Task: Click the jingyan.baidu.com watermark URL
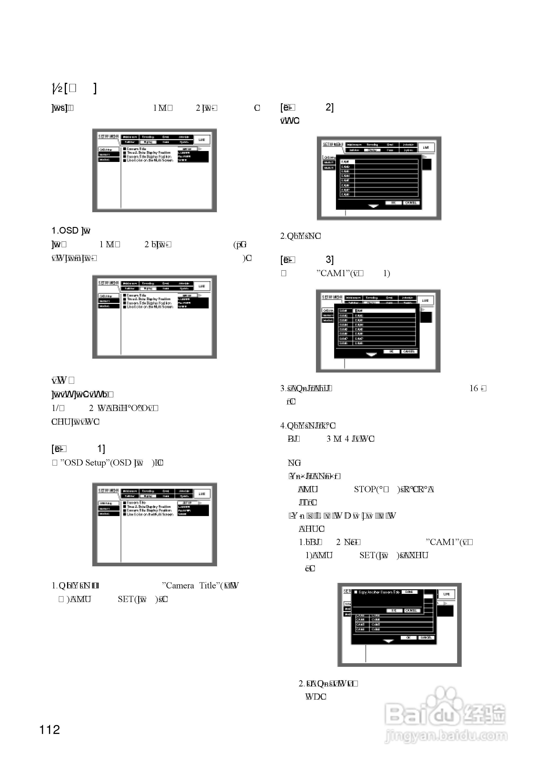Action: coord(446,736)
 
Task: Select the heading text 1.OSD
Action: coord(65,231)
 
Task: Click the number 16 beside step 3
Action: coord(474,388)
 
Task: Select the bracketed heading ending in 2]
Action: coord(307,107)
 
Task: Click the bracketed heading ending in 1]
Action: coord(78,449)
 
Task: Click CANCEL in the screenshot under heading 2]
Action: coord(411,203)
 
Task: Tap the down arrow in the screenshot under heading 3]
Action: coord(371,354)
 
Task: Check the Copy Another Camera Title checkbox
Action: coord(356,592)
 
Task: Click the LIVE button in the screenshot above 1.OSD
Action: coord(202,140)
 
